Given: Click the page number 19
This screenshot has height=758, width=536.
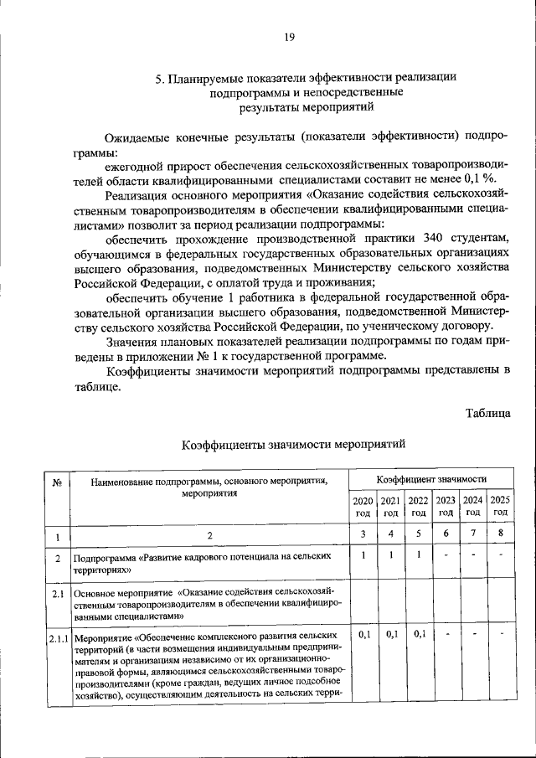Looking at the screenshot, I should (x=289, y=37).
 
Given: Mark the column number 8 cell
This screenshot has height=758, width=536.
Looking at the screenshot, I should (x=501, y=534).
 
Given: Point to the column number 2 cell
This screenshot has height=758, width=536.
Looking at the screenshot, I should (x=209, y=535).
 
